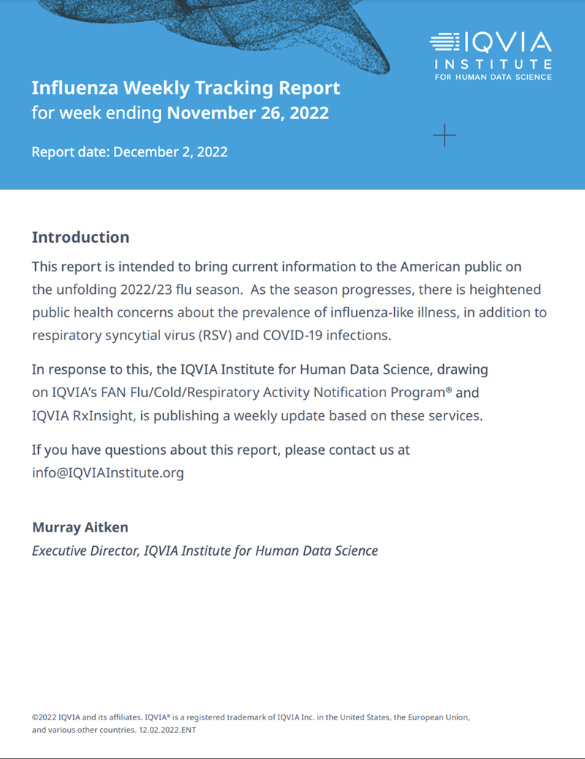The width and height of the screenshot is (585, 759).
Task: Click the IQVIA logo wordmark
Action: pyautogui.click(x=491, y=42)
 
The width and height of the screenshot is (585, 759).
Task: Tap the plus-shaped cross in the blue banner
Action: pyautogui.click(x=444, y=135)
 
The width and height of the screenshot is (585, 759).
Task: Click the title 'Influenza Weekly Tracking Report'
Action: pyautogui.click(x=186, y=88)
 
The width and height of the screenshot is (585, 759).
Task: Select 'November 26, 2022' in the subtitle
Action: pyautogui.click(x=248, y=113)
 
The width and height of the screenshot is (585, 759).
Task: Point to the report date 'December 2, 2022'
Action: pyautogui.click(x=170, y=152)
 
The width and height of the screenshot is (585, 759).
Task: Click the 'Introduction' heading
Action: pyautogui.click(x=80, y=237)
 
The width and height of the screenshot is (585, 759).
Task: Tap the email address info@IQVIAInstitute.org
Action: pyautogui.click(x=108, y=472)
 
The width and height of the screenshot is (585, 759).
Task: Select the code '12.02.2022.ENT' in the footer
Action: pyautogui.click(x=167, y=730)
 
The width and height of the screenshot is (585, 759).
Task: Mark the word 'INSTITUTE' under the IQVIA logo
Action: pyautogui.click(x=494, y=64)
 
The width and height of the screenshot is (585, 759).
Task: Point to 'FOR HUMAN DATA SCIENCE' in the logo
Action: pyautogui.click(x=494, y=77)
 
